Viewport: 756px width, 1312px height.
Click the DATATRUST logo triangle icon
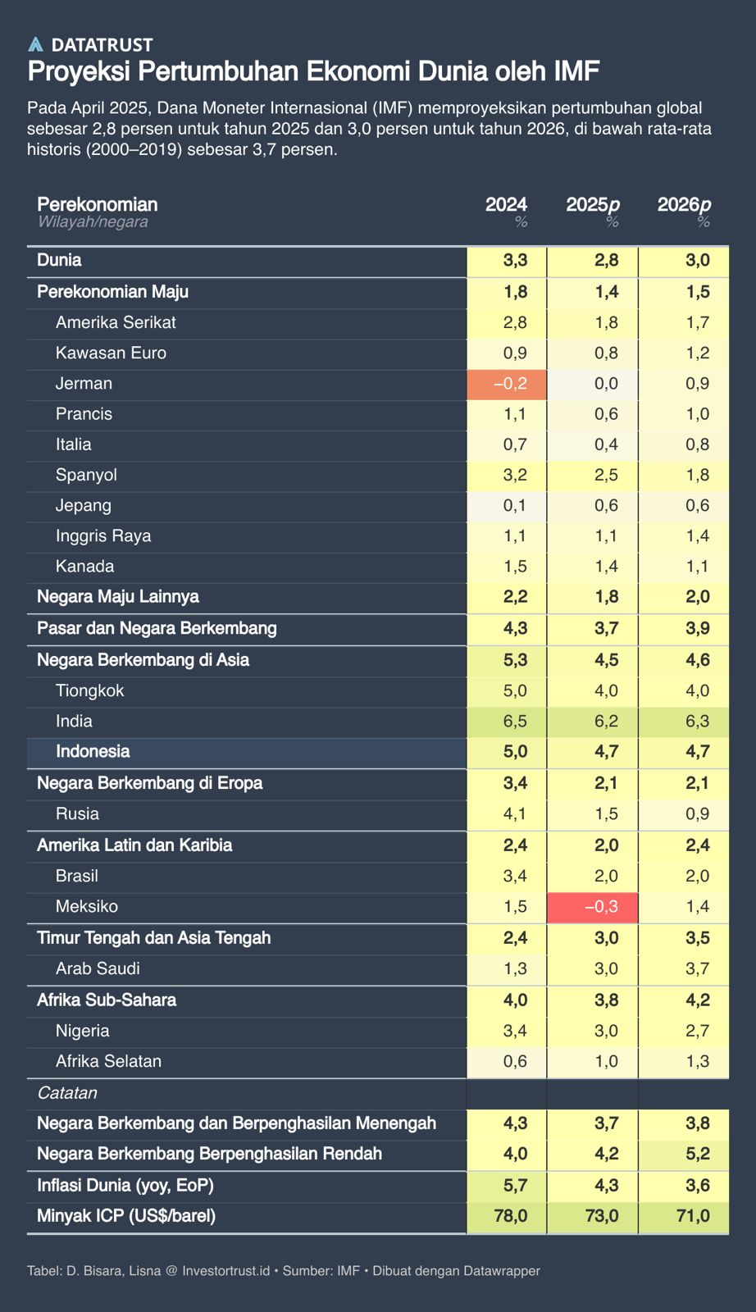pos(35,44)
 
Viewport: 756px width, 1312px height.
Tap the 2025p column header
pos(592,204)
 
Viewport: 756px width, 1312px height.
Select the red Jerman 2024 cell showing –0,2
pos(507,384)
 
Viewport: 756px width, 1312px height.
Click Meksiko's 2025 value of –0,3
pos(592,907)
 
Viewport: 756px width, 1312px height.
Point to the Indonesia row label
pos(93,751)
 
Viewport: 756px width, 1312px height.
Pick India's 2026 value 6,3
pos(683,722)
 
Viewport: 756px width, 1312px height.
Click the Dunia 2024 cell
pos(507,261)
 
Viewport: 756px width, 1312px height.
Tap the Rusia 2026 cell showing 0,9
pos(683,814)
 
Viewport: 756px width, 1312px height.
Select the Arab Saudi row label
pos(98,968)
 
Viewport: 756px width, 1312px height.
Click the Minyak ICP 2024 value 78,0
pos(507,1216)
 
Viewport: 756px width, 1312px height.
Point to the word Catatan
pos(67,1093)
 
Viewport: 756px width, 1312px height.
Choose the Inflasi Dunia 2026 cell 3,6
pos(683,1186)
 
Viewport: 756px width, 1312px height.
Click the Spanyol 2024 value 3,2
pos(507,476)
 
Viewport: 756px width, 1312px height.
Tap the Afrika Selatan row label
pos(108,1061)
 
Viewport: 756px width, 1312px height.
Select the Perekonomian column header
pos(98,204)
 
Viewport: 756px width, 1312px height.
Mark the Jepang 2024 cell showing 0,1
pos(507,506)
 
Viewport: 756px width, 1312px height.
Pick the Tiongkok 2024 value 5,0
pos(507,690)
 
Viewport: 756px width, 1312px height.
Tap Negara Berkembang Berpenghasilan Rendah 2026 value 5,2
pos(683,1155)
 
